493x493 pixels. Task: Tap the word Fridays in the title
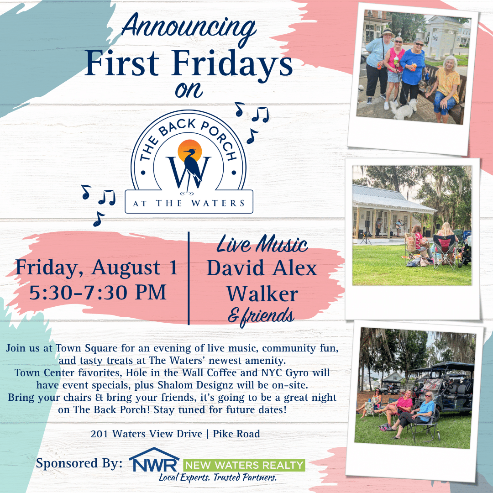(232, 64)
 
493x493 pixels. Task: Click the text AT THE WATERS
(189, 203)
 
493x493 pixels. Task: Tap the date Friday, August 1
(96, 268)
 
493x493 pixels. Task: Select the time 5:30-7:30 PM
(98, 293)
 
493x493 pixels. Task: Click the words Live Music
(262, 244)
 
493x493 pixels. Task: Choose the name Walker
(262, 294)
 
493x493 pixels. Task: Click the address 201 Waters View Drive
(146, 434)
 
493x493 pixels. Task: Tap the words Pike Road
(236, 434)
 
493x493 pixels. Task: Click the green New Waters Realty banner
(244, 465)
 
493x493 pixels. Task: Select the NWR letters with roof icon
(154, 460)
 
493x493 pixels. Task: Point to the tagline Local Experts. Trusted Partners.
(218, 477)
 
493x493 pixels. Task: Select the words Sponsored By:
(79, 463)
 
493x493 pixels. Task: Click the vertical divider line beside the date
(189, 278)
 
